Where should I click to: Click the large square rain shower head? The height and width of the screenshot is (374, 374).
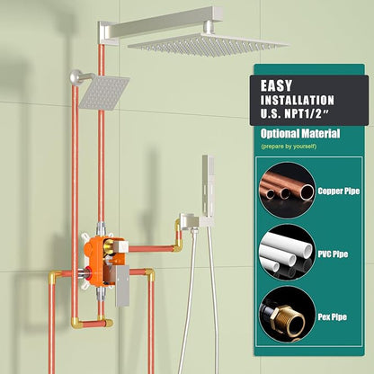coord(208,45)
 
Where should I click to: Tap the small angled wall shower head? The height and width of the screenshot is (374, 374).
coord(103,93)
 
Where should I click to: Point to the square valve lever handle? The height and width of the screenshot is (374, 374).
coord(122,285)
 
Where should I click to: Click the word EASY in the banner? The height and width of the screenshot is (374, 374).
coord(276,86)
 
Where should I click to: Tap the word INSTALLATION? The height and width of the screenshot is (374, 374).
coord(297,100)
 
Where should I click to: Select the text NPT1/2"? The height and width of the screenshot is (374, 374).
coord(308,114)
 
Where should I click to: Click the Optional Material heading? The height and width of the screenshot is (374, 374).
coord(300,133)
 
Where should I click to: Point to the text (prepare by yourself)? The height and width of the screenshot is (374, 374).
coord(289,147)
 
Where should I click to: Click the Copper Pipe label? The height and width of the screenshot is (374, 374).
coord(339,191)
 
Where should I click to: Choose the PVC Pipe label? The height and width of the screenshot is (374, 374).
coord(333,254)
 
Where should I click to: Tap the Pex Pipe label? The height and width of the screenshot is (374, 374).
coord(332,316)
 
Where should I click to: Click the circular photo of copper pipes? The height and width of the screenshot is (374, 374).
coord(287,191)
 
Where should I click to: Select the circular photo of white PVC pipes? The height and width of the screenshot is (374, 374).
coord(287,253)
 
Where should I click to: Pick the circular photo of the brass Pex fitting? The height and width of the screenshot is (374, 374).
coord(287,315)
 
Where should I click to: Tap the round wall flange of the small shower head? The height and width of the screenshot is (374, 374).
coord(76,77)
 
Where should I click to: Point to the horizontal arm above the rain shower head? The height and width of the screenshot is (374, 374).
coord(160,24)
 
